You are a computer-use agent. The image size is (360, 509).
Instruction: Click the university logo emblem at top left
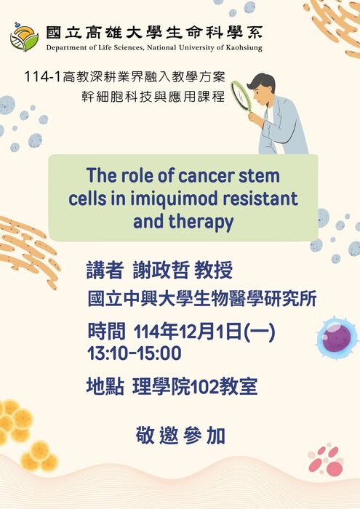(24, 36)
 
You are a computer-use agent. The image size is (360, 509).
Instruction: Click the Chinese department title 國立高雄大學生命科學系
(154, 33)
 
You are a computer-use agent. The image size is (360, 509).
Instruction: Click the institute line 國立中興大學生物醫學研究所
(201, 299)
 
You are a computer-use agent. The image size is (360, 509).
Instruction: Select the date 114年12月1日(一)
(205, 332)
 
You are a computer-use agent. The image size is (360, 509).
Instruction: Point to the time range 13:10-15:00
(134, 354)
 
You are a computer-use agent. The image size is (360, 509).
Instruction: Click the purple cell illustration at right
(336, 338)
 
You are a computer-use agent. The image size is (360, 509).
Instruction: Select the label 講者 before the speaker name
(105, 271)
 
